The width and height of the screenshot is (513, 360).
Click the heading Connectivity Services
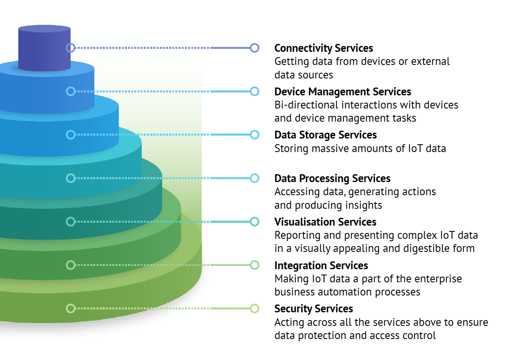(x=324, y=48)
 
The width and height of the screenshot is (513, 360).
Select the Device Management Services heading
(x=343, y=92)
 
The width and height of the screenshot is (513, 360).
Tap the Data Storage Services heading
(x=325, y=135)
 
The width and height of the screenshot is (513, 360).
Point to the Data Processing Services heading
(x=332, y=178)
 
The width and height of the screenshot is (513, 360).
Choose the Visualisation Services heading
(x=325, y=222)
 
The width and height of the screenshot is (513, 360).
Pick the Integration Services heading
(x=321, y=265)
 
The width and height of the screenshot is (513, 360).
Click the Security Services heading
(x=313, y=309)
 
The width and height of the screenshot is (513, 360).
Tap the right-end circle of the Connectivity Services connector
(x=255, y=48)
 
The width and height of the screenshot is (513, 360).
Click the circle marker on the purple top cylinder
(x=71, y=48)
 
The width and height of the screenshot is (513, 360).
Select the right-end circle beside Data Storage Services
(x=255, y=134)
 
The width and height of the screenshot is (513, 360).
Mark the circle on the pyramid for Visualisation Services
(x=71, y=222)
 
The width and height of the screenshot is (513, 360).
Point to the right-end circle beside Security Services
(x=255, y=308)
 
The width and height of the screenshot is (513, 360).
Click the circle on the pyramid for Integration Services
(x=71, y=265)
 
